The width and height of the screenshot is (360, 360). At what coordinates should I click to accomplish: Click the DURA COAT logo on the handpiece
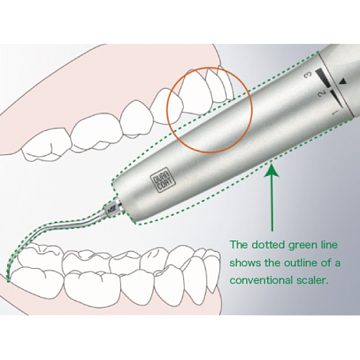(163, 182)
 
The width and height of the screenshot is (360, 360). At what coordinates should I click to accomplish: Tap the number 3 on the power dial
(309, 75)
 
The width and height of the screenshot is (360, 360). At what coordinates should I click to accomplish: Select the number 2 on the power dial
(322, 93)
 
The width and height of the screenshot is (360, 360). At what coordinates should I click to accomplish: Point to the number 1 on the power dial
(335, 112)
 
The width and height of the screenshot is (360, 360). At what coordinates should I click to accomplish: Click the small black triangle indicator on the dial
(343, 82)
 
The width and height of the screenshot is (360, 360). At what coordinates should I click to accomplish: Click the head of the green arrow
(272, 171)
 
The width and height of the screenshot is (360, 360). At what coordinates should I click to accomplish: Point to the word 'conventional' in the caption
(261, 280)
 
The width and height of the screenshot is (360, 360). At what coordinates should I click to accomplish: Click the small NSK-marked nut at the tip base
(111, 209)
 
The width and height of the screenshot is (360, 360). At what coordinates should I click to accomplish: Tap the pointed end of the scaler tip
(9, 280)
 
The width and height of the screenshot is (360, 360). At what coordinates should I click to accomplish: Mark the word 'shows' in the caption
(244, 262)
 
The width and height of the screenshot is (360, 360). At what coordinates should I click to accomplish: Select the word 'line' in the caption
(330, 245)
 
